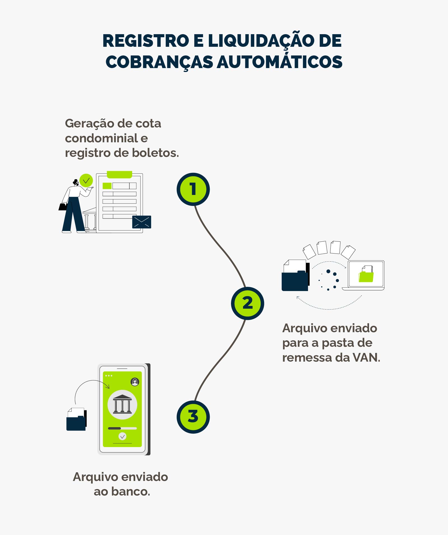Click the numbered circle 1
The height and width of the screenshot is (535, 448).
193,189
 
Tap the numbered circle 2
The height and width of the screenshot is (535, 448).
248,303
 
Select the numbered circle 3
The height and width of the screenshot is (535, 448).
193,417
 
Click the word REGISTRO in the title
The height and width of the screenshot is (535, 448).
146,41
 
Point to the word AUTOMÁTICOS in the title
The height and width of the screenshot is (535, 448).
279,62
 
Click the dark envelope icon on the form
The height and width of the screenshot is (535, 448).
142,222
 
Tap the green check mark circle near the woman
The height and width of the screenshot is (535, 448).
86,181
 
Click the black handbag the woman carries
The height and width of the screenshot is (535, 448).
63,207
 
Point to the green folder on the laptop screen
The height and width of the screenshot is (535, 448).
366,276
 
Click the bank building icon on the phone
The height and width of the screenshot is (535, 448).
122,404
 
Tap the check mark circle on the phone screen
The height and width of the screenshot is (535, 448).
122,436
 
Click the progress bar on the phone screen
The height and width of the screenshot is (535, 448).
122,428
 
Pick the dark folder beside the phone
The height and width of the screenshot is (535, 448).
76,422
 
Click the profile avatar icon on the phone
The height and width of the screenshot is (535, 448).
135,382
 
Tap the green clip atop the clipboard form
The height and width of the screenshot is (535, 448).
120,175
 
